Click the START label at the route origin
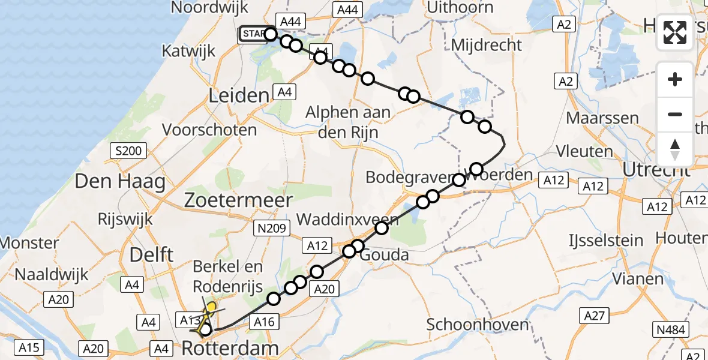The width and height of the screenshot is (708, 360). click(x=253, y=34)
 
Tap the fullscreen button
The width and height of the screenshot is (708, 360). click(x=675, y=32)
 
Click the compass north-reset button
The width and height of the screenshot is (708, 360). click(x=675, y=149)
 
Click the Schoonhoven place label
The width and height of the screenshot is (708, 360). click(x=478, y=325)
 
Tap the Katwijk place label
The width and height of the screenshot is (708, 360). click(x=188, y=51)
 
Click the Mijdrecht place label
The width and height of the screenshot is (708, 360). click(x=486, y=45)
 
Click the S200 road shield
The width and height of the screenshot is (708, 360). click(x=129, y=151)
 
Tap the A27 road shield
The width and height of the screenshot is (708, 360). click(x=596, y=315)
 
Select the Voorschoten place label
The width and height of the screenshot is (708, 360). click(x=218, y=130)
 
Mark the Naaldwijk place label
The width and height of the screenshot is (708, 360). click(x=52, y=275)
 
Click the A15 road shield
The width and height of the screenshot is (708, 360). click(x=28, y=347)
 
